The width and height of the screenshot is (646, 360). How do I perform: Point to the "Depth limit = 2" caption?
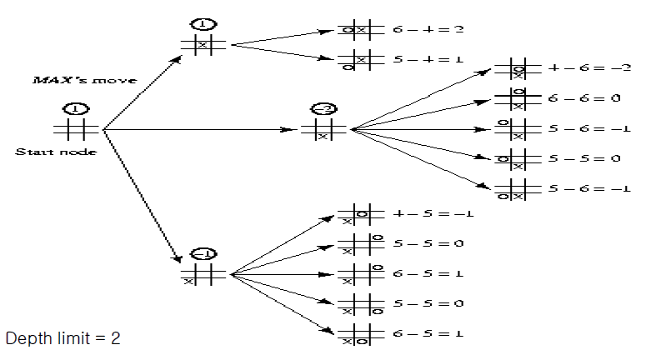pos(63,339)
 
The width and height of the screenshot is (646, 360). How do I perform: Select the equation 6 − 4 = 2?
pos(428,29)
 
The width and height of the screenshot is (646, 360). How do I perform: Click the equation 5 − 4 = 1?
pos(428,59)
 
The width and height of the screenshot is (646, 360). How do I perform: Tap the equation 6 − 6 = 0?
pos(584,98)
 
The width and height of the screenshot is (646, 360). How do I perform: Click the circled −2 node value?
pos(322,110)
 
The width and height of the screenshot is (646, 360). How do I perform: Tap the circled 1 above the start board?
pos(75,109)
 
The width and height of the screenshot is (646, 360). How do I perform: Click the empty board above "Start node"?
pos(75,129)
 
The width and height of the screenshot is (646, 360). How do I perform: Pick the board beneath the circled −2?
pos(322,130)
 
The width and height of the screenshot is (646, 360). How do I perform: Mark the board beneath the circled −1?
pos(203,274)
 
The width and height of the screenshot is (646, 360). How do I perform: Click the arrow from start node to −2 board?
pos(200,130)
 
